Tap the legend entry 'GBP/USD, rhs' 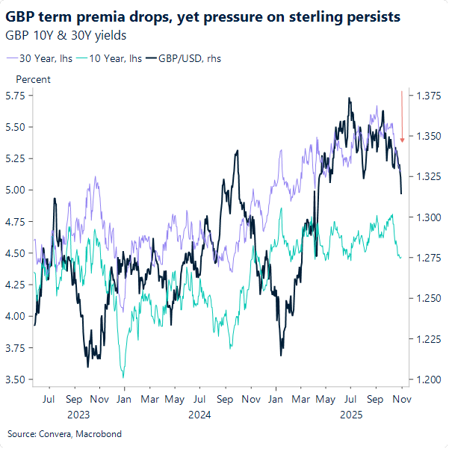(x=187, y=58)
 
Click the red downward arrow (x=403, y=116)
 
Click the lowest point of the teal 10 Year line (x=123, y=377)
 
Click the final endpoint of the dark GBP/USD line (x=402, y=194)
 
